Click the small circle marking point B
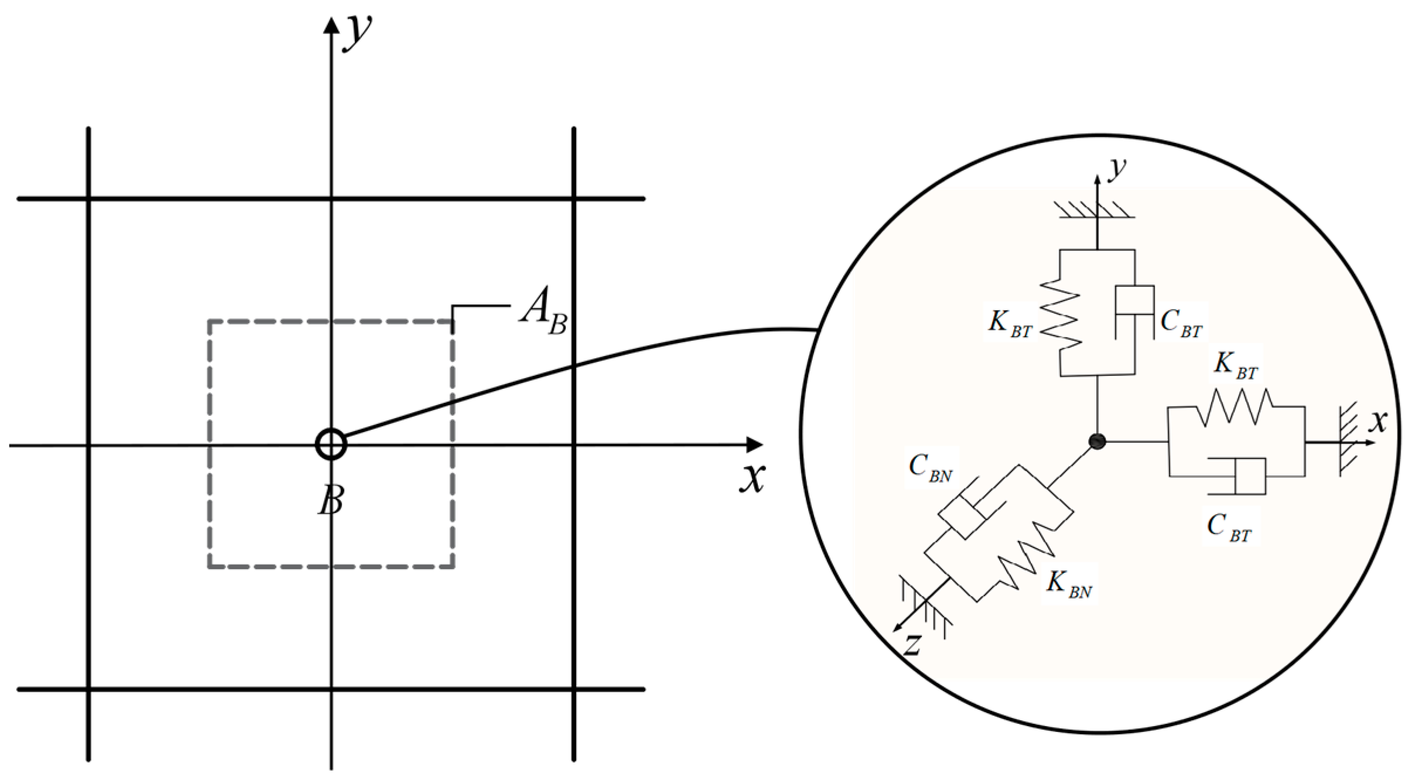coord(331,444)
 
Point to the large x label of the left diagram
coord(752,477)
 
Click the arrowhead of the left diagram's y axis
coord(331,25)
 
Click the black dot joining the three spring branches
coord(1097,442)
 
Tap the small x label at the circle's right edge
coord(1379,421)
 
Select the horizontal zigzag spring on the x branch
coord(1236,407)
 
